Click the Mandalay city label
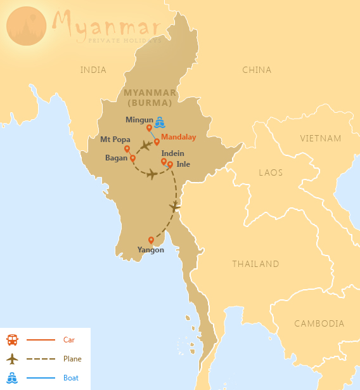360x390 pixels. [179, 137]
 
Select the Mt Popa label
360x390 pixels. [115, 139]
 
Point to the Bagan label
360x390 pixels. [117, 158]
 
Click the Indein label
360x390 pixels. [174, 153]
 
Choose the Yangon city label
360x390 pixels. [151, 250]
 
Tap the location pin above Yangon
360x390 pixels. [151, 240]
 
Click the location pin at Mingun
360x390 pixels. [149, 128]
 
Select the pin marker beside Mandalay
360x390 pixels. [157, 141]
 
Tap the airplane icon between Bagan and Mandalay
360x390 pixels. [145, 146]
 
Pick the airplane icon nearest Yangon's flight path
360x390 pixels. [175, 207]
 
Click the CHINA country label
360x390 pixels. [257, 70]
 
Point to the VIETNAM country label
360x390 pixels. [321, 138]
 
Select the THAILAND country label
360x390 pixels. [255, 264]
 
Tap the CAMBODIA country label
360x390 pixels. [319, 323]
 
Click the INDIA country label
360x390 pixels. [93, 70]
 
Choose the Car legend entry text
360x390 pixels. [69, 340]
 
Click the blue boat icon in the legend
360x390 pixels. [12, 378]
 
